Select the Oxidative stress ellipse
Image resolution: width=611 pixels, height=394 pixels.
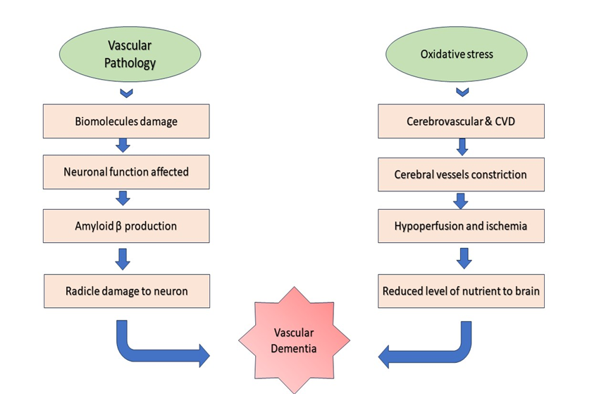pos(457,54)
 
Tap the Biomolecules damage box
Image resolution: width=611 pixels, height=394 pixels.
pos(126,121)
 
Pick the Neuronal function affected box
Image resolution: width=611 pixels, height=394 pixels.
pos(126,172)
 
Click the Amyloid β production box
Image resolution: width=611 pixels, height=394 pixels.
pos(126,226)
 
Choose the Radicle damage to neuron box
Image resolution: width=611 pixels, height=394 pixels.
pos(126,290)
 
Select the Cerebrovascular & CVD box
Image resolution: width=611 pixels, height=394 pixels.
pos(461,121)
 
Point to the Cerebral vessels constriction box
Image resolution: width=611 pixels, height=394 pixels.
pos(461,174)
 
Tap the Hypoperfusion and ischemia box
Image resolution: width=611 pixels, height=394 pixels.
pos(461,226)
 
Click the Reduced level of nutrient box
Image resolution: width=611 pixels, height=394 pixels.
pos(461,290)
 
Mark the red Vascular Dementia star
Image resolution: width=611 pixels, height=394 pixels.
pos(295,340)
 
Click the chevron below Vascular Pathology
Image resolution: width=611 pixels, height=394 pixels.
pos(126,92)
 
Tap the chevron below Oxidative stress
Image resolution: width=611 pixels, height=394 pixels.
pos(462,92)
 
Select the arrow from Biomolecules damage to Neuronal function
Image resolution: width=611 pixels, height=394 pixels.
pos(123,145)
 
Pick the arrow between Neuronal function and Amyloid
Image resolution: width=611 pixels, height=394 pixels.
pos(123,198)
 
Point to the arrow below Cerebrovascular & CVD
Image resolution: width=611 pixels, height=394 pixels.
pos(462,147)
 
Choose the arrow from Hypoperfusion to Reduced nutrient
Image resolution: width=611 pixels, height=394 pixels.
pos(463,257)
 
